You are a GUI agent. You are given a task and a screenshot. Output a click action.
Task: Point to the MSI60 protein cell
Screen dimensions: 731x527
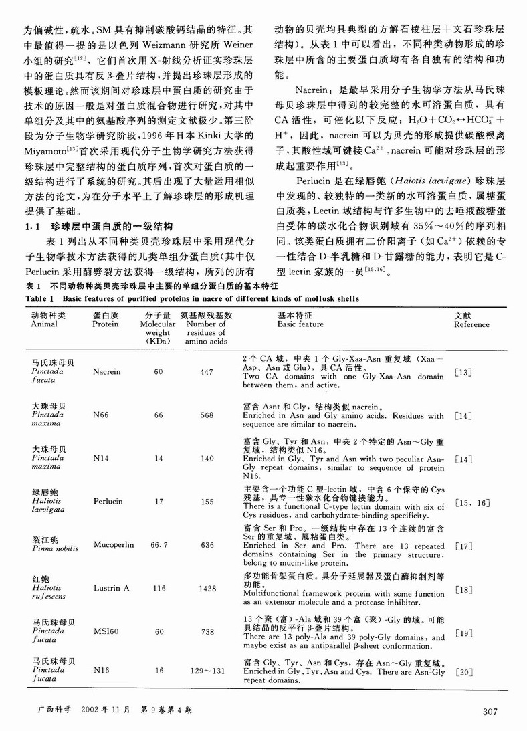point(106,632)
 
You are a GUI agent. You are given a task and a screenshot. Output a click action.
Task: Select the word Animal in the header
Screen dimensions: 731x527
point(45,324)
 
